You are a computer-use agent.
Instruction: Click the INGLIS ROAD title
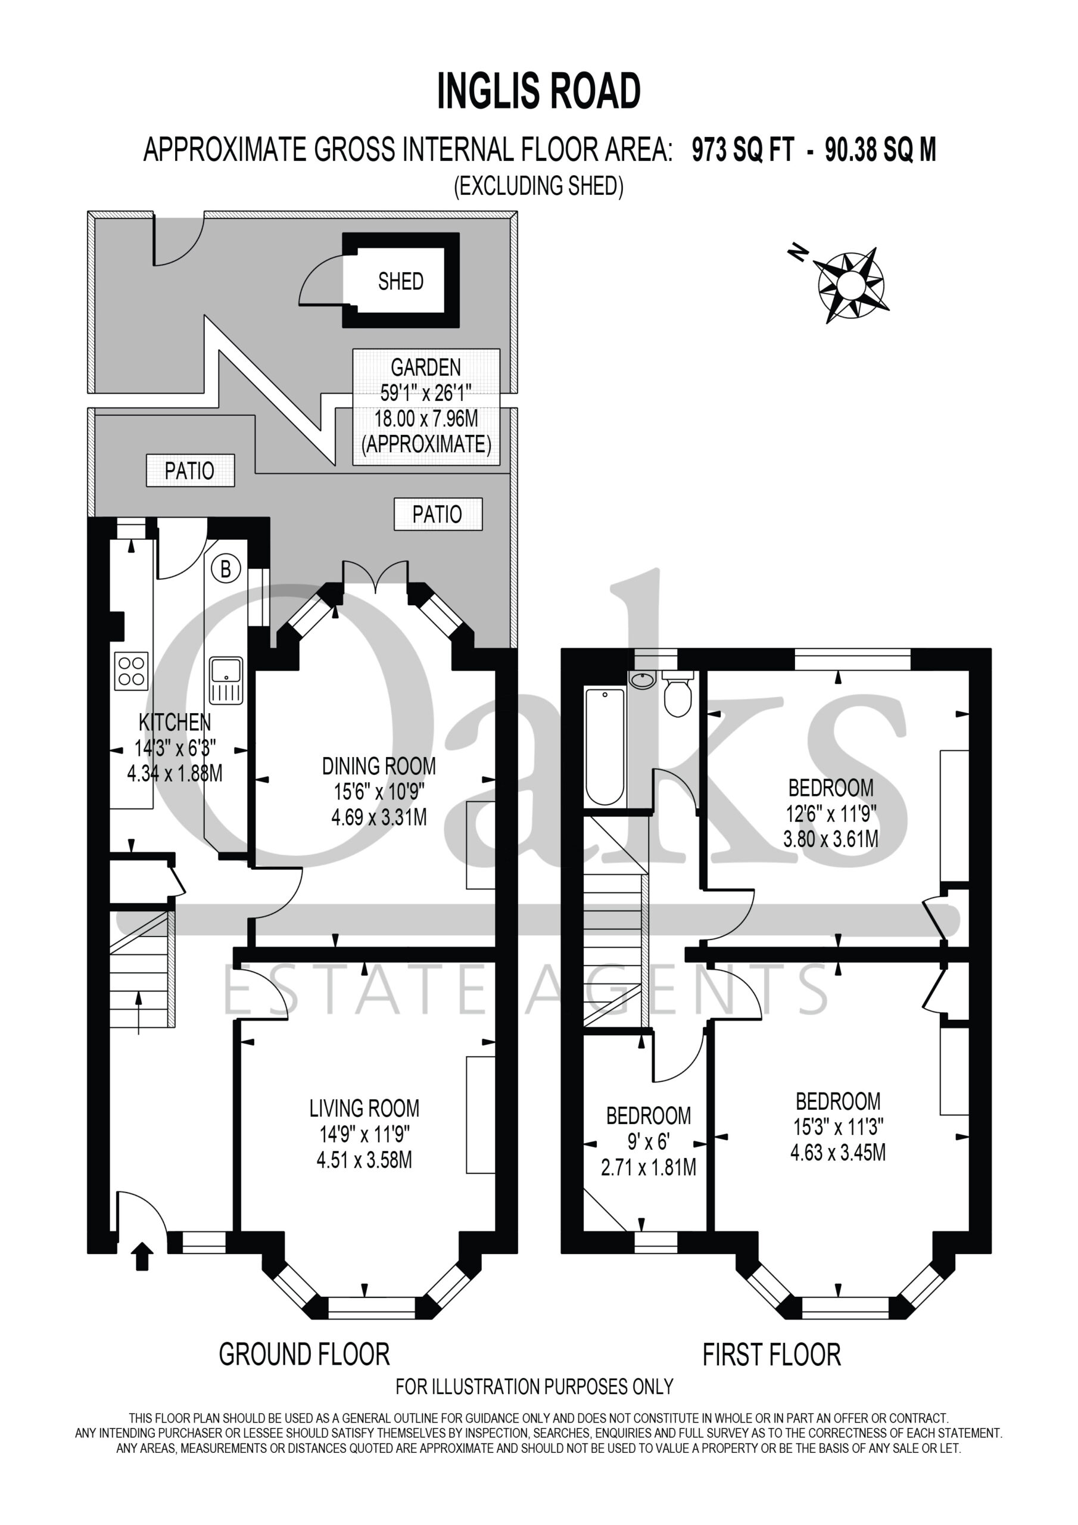(538, 92)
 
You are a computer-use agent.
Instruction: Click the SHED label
(400, 282)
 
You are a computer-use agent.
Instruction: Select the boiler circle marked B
(226, 569)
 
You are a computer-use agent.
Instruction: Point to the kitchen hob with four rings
(132, 671)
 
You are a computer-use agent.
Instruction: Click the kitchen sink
(226, 680)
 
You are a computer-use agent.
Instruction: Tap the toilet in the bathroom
(678, 693)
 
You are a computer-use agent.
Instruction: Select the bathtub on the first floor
(605, 746)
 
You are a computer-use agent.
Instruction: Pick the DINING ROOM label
(379, 766)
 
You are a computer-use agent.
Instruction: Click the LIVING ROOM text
(364, 1109)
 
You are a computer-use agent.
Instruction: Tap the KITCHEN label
(175, 722)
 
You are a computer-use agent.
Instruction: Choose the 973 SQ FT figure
(743, 150)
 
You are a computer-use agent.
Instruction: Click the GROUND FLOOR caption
(304, 1354)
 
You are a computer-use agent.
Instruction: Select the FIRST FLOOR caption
(772, 1354)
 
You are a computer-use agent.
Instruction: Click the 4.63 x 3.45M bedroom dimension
(837, 1152)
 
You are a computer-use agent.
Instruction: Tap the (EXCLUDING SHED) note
(538, 186)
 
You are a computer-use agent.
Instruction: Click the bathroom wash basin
(642, 680)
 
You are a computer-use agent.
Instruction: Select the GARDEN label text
(426, 368)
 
